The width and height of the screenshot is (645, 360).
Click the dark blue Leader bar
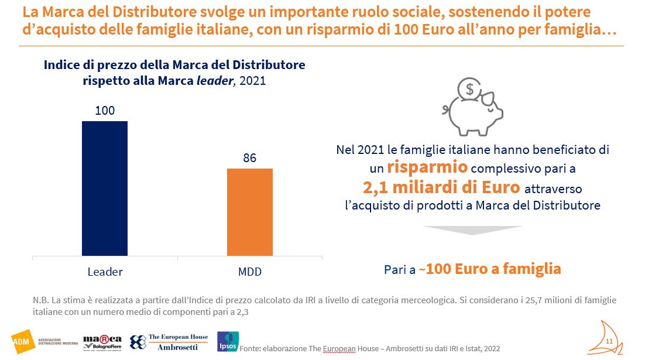(x=104, y=188)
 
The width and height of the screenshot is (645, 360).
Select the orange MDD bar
(x=250, y=211)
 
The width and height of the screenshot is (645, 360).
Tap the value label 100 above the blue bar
(x=104, y=111)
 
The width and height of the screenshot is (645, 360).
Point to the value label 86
(x=250, y=158)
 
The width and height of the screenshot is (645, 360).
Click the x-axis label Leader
(x=105, y=272)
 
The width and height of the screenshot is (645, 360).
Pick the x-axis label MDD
(x=250, y=272)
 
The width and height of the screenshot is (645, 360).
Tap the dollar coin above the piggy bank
(x=469, y=90)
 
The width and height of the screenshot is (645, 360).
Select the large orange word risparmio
(x=427, y=167)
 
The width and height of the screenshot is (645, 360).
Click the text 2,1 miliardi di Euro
(x=441, y=187)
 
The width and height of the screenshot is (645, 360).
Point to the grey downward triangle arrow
(x=472, y=230)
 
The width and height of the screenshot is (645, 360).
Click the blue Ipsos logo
(x=227, y=342)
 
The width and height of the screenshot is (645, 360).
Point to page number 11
(x=609, y=341)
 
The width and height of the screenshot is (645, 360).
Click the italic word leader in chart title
(x=214, y=81)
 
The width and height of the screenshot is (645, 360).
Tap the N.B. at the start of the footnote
(x=42, y=300)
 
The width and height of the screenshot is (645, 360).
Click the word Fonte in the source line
(x=251, y=348)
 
